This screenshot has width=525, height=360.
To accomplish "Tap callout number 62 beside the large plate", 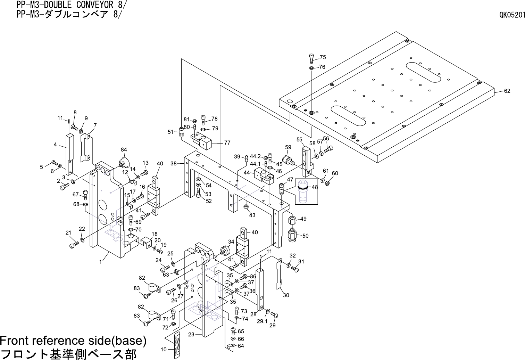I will click(507, 91).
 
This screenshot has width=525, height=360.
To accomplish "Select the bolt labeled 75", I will click(311, 58).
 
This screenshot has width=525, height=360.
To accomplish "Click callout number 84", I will click(124, 150).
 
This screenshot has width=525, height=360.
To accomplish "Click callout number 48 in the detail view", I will click(315, 187).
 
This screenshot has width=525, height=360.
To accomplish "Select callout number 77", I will click(227, 142).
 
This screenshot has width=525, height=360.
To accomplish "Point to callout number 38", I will click(174, 163).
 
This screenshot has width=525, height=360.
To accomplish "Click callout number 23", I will click(191, 335).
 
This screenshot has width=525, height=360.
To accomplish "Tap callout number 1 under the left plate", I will click(101, 262).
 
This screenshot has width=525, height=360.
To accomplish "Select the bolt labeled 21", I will click(73, 245).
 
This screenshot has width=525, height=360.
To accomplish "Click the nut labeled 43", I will click(246, 207).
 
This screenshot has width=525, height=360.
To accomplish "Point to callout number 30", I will click(286, 295).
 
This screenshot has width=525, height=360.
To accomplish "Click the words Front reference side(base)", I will click(73, 340).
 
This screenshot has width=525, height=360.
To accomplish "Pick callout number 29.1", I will click(262, 321).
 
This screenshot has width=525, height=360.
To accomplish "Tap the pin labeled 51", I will click(181, 132).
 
